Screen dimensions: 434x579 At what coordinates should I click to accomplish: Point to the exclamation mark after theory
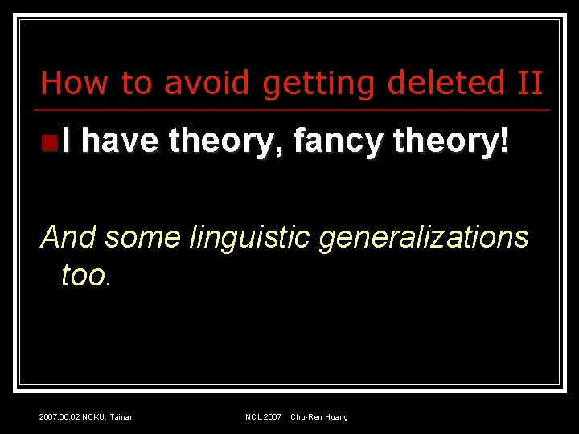coord(505,142)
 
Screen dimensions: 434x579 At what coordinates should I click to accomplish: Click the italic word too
coord(86,276)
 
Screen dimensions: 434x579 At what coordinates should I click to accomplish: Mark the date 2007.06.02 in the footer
coord(60,416)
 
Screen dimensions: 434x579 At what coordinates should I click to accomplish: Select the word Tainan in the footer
coord(123,416)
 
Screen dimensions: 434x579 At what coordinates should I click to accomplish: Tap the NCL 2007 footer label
coord(263,416)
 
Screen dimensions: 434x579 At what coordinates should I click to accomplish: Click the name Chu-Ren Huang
coord(319,416)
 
